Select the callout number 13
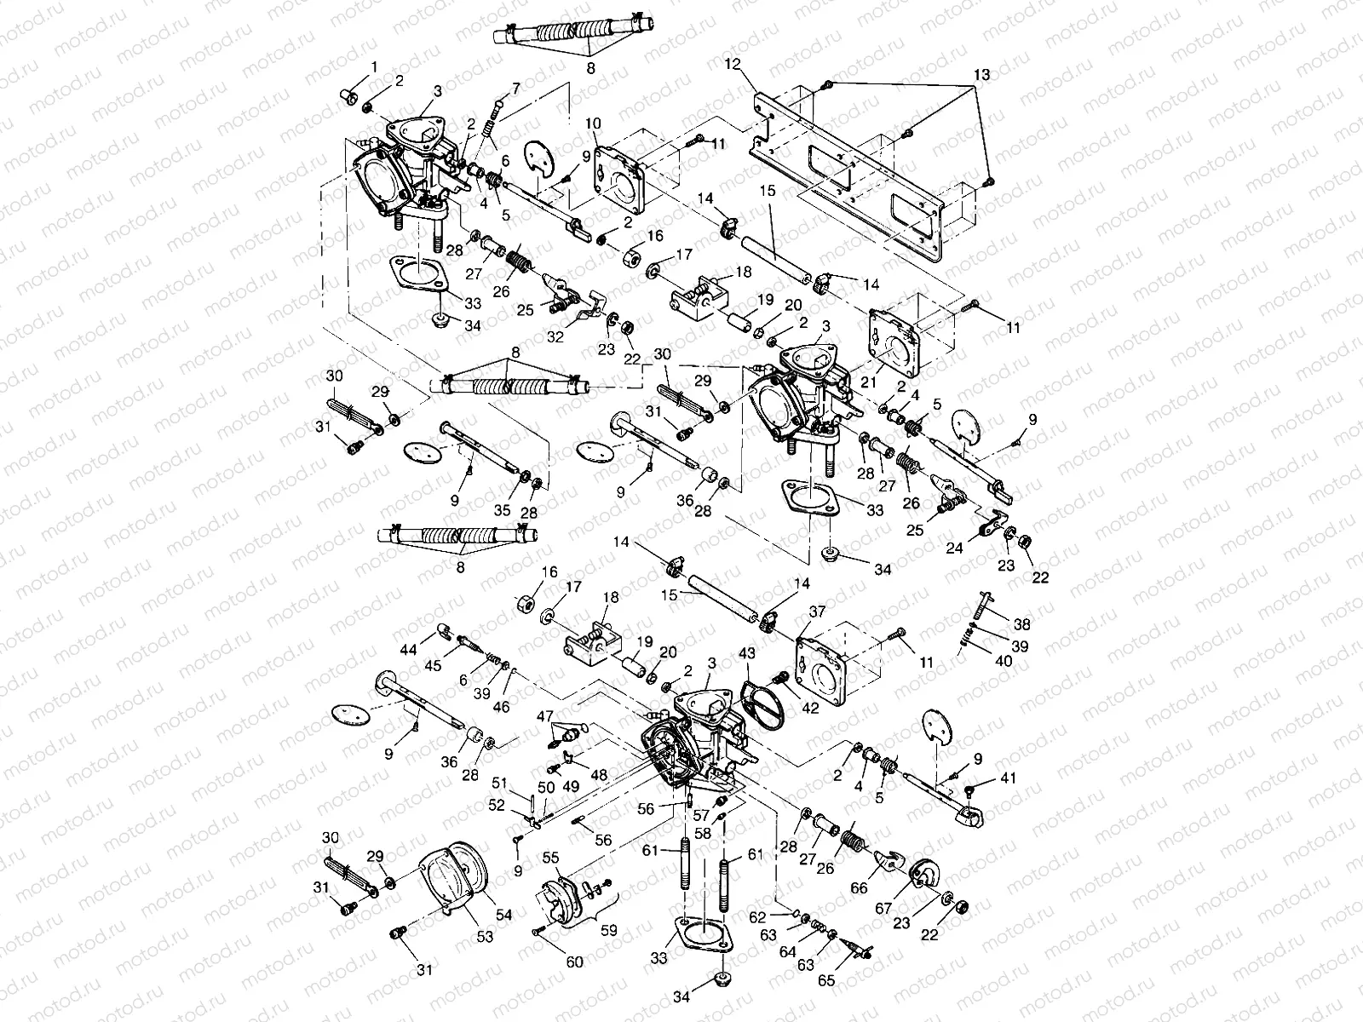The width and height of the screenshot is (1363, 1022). click(981, 75)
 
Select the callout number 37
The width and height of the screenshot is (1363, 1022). click(817, 611)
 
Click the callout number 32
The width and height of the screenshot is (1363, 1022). click(555, 337)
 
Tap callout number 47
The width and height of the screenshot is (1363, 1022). click(543, 716)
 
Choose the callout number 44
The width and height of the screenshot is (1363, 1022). click(408, 650)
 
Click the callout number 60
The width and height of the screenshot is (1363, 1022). click(574, 962)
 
